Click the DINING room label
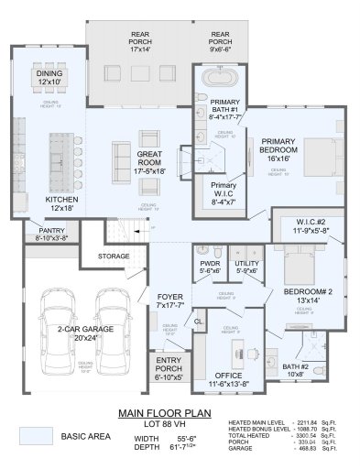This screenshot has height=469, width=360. (x=49, y=73)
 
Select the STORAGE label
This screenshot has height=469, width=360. (x=114, y=256)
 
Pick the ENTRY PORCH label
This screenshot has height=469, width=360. (x=167, y=363)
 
